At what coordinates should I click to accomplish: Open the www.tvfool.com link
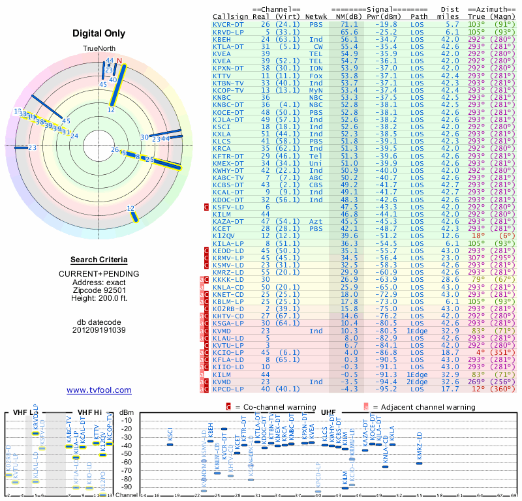pos(99,390)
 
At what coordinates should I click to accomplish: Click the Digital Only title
pos(99,33)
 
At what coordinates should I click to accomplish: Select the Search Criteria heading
pos(99,260)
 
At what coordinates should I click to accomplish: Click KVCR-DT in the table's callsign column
pos(228,24)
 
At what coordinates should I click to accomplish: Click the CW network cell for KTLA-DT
pos(318,46)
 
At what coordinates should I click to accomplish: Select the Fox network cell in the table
pos(316,76)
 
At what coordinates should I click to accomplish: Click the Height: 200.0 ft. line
pos(99,298)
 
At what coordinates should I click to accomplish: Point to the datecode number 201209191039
pos(99,329)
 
